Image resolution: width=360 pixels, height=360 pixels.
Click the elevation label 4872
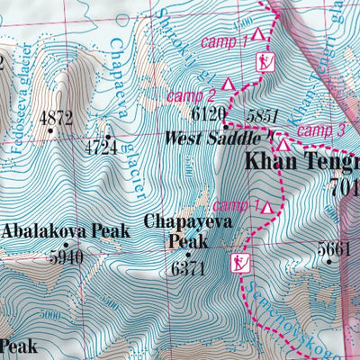56,117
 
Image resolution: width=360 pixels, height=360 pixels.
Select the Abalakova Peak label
66,231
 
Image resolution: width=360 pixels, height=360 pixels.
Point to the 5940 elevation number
66,256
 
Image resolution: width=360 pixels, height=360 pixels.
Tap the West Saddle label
211,139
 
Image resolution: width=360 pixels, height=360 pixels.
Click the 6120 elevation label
209,113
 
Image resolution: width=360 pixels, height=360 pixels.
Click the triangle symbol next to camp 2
229,84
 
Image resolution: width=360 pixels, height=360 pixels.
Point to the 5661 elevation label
332,249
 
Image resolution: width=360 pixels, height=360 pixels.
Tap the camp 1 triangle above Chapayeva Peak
267,208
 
